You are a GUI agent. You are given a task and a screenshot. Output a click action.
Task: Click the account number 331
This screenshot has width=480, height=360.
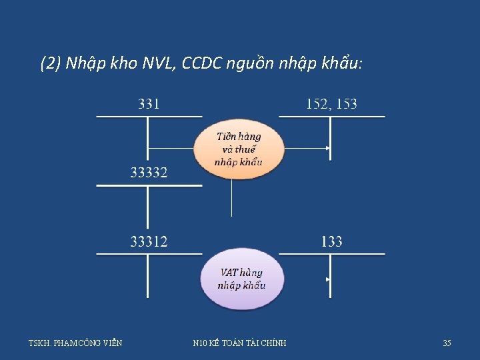point(149,104)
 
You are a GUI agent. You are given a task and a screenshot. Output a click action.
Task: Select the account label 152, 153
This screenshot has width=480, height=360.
point(331,104)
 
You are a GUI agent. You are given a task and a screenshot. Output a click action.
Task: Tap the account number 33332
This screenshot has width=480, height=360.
point(149,173)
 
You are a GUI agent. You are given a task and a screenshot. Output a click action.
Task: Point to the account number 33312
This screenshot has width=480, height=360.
point(149,241)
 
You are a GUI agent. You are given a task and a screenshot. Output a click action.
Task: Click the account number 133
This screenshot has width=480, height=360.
point(331,241)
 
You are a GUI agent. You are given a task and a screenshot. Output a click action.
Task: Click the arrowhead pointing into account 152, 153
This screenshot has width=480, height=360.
point(327,148)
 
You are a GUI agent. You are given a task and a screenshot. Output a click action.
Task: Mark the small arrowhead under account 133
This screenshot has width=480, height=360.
point(327,279)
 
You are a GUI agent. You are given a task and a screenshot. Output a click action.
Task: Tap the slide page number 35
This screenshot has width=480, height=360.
point(447,343)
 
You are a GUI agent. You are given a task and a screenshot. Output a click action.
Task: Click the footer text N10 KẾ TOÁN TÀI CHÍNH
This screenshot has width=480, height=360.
point(239,343)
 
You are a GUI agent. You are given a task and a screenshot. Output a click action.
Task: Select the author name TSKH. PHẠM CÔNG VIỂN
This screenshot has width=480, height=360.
point(75,343)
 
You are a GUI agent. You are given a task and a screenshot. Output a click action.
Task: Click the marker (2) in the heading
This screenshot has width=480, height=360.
point(51,64)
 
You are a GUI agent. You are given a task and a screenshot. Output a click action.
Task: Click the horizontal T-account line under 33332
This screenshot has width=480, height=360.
point(149,185)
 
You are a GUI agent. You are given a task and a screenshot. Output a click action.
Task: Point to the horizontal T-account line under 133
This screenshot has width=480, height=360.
point(331,254)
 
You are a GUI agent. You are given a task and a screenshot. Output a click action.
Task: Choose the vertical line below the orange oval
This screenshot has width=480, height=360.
point(231,197)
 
